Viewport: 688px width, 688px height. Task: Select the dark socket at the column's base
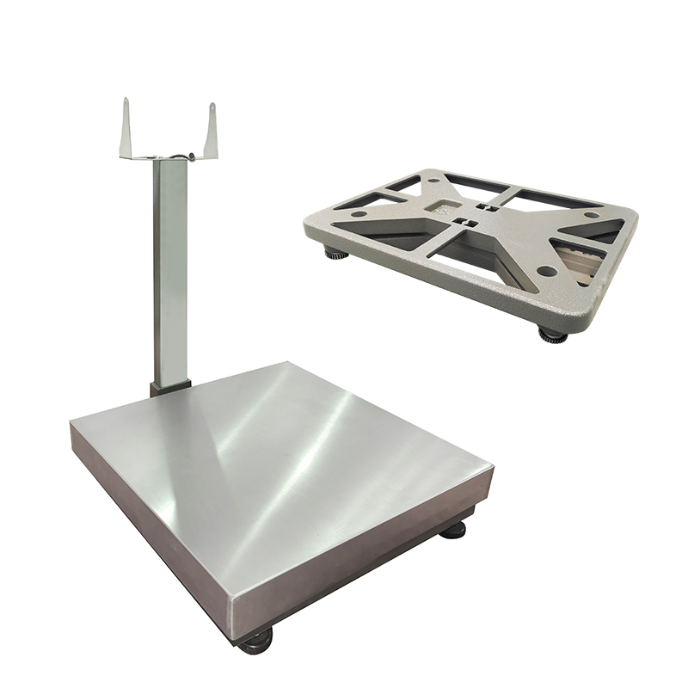168,387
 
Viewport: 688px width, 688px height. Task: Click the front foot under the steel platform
256,641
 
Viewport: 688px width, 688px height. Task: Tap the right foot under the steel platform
453,529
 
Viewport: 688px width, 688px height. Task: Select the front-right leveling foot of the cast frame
552,334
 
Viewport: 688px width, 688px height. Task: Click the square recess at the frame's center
446,209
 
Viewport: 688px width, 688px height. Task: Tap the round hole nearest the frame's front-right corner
545,272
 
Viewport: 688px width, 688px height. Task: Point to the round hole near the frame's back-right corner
592,214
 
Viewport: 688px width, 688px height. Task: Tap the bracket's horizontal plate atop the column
168,157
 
